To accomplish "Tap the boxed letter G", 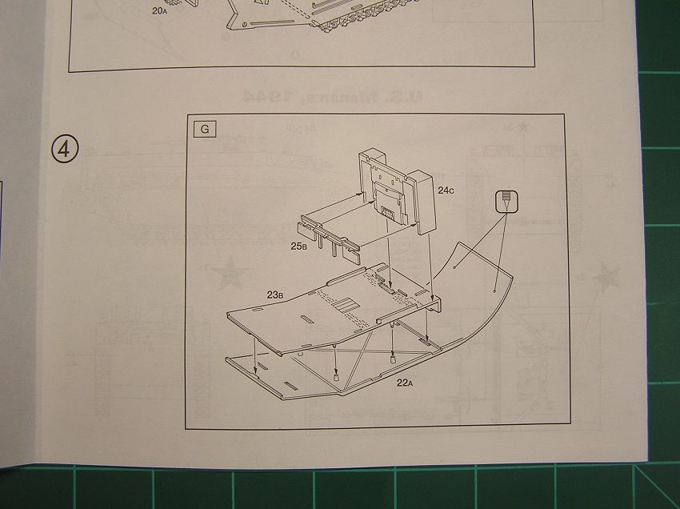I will tap(205, 128).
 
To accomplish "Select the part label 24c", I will tap(446, 190).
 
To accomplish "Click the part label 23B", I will tap(275, 295).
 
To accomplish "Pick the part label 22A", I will tap(403, 383).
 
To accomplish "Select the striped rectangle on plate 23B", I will tap(346, 305).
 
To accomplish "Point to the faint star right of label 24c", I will tap(526, 126).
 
